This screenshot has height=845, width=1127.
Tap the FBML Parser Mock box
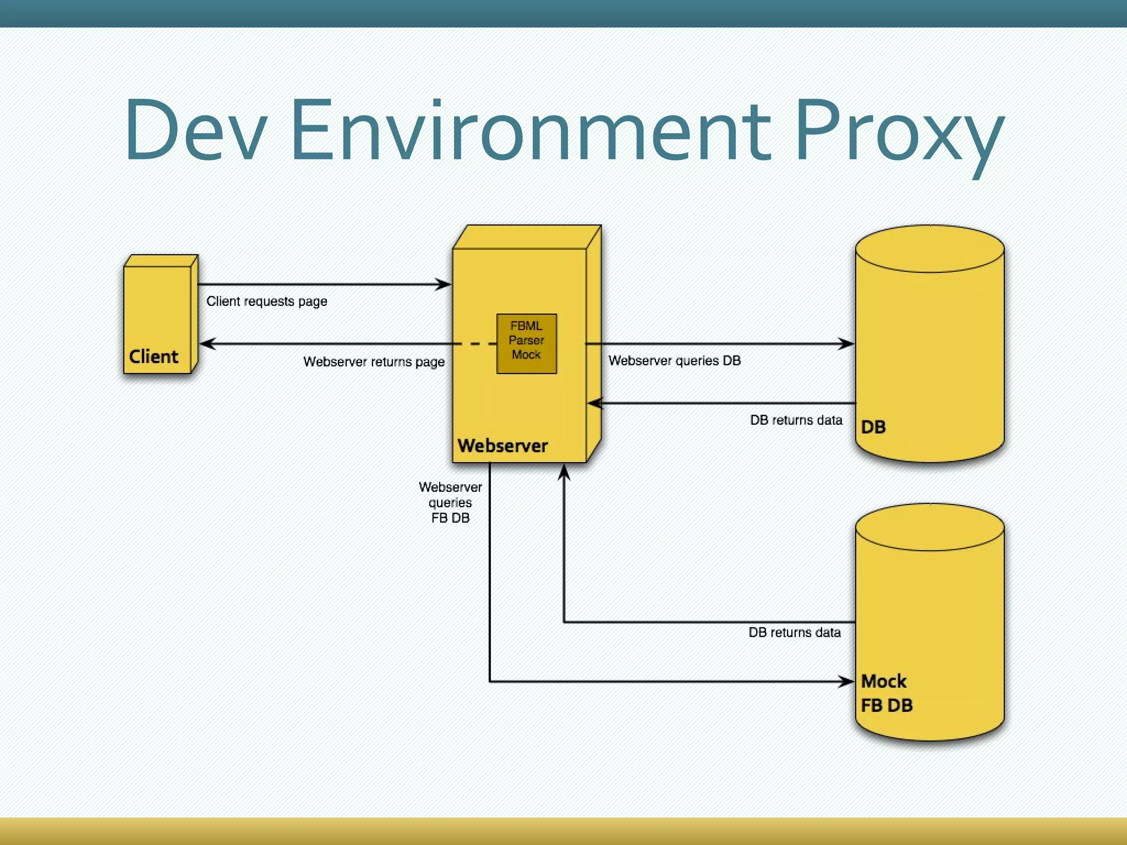point(527,344)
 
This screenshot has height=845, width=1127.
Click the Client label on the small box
point(154,356)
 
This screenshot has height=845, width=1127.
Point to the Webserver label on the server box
point(502,446)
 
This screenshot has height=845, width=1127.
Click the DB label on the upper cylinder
point(873,427)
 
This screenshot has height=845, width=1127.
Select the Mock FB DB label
point(886,693)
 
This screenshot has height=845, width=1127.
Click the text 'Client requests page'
point(267,301)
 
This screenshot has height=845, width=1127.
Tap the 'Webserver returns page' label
point(374,362)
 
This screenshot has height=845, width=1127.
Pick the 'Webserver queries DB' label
point(675,361)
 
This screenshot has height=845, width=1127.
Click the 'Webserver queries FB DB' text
point(451,502)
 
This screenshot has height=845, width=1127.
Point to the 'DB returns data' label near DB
point(796,420)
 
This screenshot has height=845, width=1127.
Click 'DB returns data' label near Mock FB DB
point(795,633)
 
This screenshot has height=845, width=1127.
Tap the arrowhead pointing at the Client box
point(207,344)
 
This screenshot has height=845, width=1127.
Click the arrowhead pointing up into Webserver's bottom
point(564,472)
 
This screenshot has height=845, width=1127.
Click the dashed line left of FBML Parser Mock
point(476,344)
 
